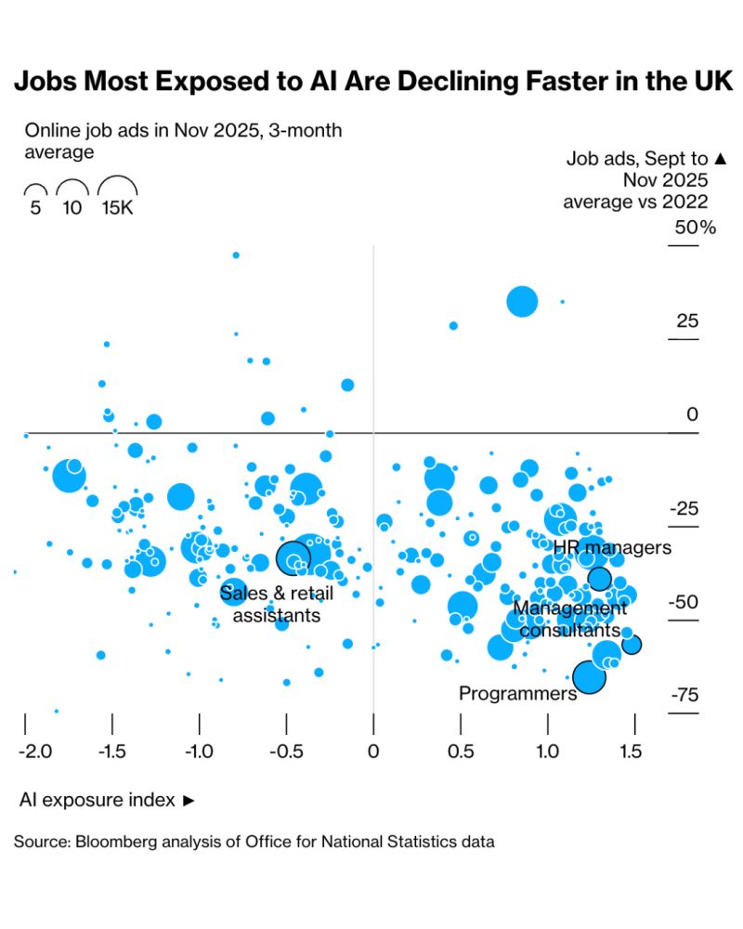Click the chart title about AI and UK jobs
[x=371, y=83]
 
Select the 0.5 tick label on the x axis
[x=461, y=751]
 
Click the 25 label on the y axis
[x=687, y=322]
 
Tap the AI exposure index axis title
[x=107, y=800]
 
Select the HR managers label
[x=611, y=548]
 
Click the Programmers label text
[x=518, y=693]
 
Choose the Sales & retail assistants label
[x=277, y=604]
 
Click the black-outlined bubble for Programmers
[x=589, y=677]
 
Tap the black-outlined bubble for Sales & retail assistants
[x=293, y=557]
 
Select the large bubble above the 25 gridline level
[x=522, y=301]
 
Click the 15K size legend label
[x=118, y=207]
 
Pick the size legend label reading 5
[x=35, y=207]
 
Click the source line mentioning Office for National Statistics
[x=254, y=843]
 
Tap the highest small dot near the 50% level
[x=236, y=255]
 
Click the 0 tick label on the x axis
[x=373, y=751]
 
